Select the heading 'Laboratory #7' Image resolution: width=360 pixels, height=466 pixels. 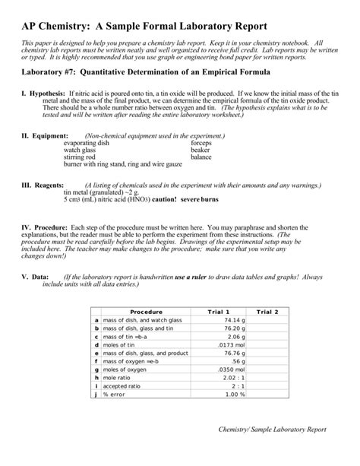[50, 74]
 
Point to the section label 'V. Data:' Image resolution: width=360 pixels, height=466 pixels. [35, 277]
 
